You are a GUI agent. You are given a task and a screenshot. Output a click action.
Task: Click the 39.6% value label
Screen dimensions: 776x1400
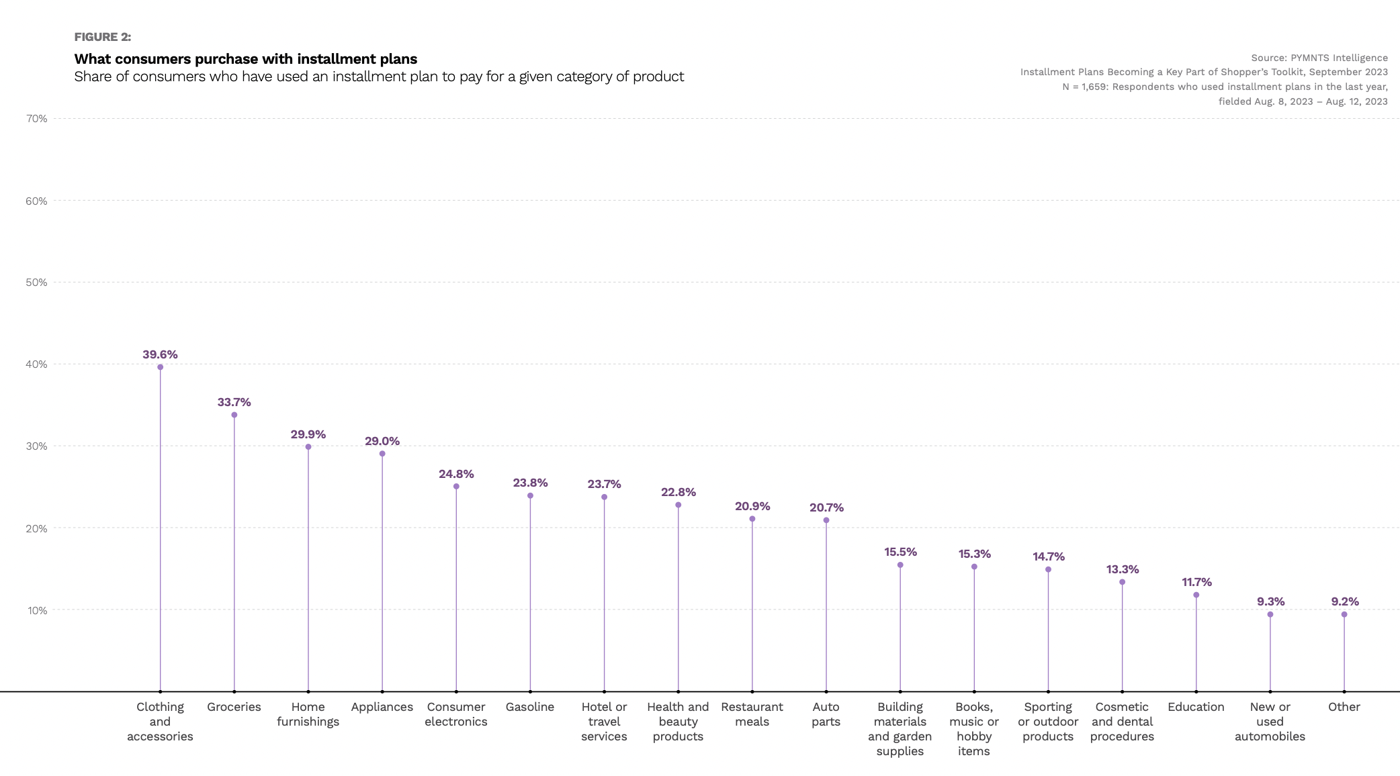pos(160,354)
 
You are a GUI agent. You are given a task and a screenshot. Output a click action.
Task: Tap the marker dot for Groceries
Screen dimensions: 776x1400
pos(234,415)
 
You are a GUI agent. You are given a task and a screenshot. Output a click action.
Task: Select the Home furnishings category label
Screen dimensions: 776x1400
pos(308,714)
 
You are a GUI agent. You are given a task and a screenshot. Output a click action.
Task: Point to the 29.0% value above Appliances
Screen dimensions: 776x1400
pos(382,441)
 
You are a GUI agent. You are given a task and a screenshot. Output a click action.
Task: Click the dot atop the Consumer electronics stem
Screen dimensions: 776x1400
pos(456,487)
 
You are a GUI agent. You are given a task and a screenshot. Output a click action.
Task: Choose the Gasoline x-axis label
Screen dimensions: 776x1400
pos(529,707)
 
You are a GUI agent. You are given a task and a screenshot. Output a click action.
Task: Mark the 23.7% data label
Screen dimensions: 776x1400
pos(604,484)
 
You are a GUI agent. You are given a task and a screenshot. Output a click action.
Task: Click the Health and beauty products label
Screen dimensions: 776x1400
pos(678,722)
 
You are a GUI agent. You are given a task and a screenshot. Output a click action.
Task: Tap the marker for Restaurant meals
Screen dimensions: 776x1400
pos(752,519)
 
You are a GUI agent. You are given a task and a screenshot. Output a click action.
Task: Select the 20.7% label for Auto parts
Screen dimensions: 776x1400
pos(826,507)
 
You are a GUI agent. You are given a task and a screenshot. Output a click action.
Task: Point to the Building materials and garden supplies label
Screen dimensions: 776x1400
pos(900,729)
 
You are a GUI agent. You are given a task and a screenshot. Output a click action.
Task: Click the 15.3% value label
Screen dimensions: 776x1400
pos(974,554)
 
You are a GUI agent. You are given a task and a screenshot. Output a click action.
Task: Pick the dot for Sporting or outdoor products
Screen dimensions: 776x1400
pos(1048,569)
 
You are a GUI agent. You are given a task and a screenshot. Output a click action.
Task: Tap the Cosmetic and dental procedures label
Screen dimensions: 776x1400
pos(1122,722)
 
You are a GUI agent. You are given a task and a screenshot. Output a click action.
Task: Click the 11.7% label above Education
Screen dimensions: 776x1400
pos(1196,582)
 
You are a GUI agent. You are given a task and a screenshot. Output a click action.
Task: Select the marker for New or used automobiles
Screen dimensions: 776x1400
pos(1270,614)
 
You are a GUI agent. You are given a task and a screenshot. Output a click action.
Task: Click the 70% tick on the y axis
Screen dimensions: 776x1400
pos(36,119)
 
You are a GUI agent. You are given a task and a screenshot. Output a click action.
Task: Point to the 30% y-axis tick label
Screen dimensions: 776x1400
pos(36,446)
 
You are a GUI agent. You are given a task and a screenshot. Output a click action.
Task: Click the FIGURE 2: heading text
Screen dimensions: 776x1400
pos(103,37)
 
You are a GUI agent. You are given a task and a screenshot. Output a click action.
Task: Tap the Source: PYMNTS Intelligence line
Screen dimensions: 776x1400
pos(1319,58)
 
